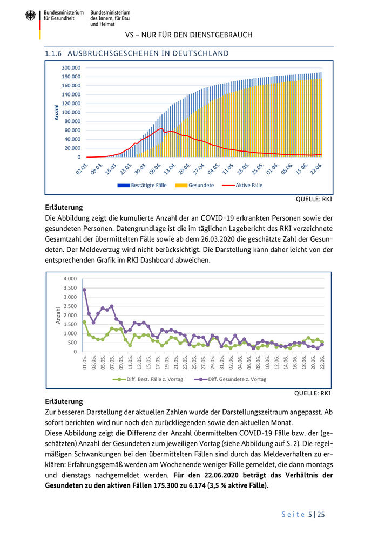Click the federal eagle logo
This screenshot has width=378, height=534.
(x=30, y=16)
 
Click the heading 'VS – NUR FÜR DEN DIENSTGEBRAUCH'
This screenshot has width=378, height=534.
(x=188, y=35)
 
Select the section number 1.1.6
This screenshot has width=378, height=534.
(x=54, y=53)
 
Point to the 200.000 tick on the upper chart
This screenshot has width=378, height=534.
(x=71, y=68)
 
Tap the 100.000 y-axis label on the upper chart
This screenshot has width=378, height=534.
(x=71, y=112)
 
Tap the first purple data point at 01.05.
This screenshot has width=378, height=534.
(x=84, y=290)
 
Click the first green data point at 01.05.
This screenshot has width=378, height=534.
(x=84, y=322)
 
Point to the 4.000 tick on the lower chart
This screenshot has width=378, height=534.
(x=71, y=279)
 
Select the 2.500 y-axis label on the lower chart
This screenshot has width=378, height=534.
(x=71, y=306)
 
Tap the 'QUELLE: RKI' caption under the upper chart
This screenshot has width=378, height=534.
(x=314, y=199)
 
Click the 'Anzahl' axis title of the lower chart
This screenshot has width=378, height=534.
(x=59, y=315)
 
